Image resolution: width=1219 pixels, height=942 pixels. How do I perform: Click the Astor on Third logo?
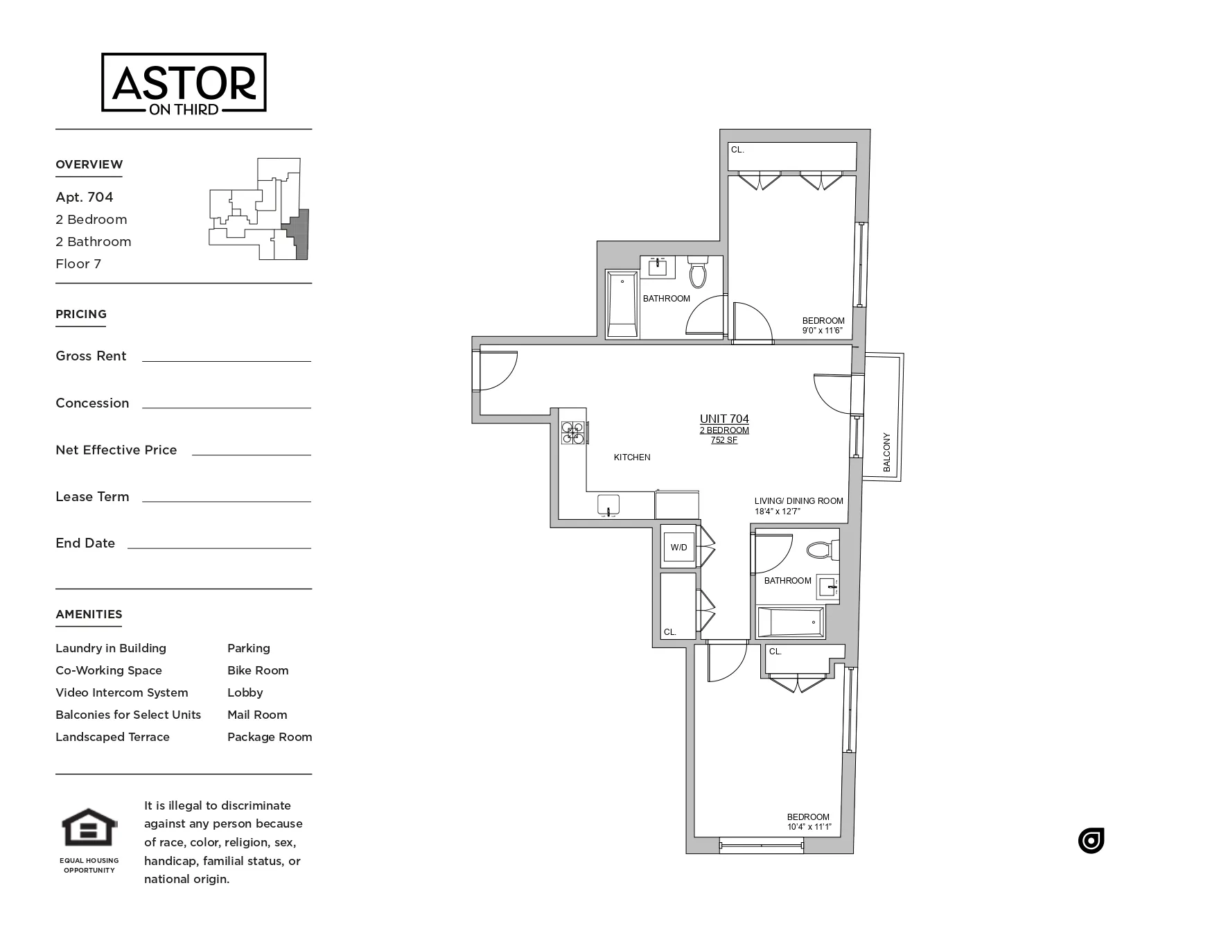click(184, 82)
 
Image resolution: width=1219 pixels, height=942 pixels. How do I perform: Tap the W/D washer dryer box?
click(678, 548)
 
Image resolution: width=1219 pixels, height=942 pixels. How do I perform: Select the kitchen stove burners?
click(573, 433)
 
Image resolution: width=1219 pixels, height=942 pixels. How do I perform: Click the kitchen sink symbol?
click(608, 505)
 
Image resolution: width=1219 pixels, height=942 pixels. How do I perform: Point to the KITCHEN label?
click(632, 457)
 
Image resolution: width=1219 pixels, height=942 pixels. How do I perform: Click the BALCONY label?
click(886, 453)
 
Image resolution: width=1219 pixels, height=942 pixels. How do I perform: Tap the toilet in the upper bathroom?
click(697, 272)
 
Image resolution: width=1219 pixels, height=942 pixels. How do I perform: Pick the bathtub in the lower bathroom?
click(790, 622)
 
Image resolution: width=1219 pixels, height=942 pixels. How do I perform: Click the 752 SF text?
click(724, 440)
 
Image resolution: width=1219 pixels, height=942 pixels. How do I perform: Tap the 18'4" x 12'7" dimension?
click(777, 512)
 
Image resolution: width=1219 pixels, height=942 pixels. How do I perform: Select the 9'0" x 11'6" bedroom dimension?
click(823, 331)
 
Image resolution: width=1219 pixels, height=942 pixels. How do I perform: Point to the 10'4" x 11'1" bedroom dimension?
click(809, 827)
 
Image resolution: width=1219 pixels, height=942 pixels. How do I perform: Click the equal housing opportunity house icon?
click(89, 828)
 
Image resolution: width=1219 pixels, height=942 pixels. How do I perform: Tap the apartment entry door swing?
click(498, 371)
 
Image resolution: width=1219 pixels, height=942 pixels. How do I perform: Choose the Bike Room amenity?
click(258, 670)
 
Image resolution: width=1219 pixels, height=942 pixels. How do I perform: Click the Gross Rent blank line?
click(226, 360)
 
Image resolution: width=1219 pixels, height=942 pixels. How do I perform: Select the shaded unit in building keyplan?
click(299, 234)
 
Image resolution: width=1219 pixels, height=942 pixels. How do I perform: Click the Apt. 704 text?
click(85, 197)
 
